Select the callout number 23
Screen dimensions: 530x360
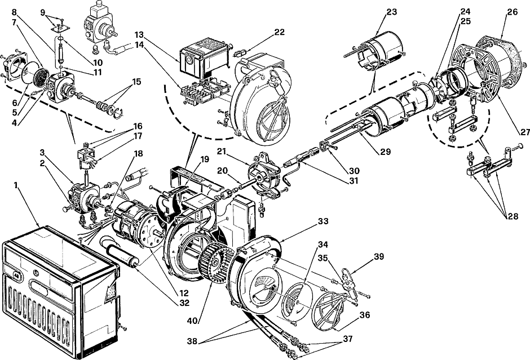coord(392,12)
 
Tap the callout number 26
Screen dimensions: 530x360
coord(512,12)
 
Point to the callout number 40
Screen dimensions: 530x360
coord(193,321)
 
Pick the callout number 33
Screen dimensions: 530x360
coord(323,221)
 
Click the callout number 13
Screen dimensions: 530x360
coord(139,35)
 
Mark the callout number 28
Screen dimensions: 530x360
coord(513,216)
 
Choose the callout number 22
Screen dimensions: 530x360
coord(280,32)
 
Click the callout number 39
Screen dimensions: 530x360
coord(379,257)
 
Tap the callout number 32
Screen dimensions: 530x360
coord(184,303)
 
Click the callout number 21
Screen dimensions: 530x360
coord(222,152)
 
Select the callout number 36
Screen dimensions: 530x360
coord(365,315)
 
